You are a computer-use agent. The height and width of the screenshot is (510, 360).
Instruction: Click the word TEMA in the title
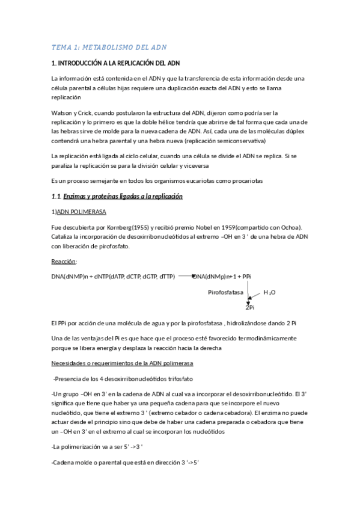pos(61,47)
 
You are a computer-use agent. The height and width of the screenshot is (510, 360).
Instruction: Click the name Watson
pos(64,112)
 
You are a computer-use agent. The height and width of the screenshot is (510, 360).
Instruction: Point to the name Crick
pos(88,112)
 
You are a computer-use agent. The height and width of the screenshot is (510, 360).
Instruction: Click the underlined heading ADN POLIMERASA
pos(82,212)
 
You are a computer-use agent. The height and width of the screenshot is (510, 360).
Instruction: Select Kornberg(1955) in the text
pos(126,227)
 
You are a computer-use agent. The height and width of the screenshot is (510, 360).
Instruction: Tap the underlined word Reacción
pos(64,262)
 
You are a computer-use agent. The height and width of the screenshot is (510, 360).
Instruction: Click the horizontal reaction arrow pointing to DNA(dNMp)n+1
pos(185,276)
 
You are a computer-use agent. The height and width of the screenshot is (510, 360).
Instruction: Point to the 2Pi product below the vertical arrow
pos(249,307)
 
